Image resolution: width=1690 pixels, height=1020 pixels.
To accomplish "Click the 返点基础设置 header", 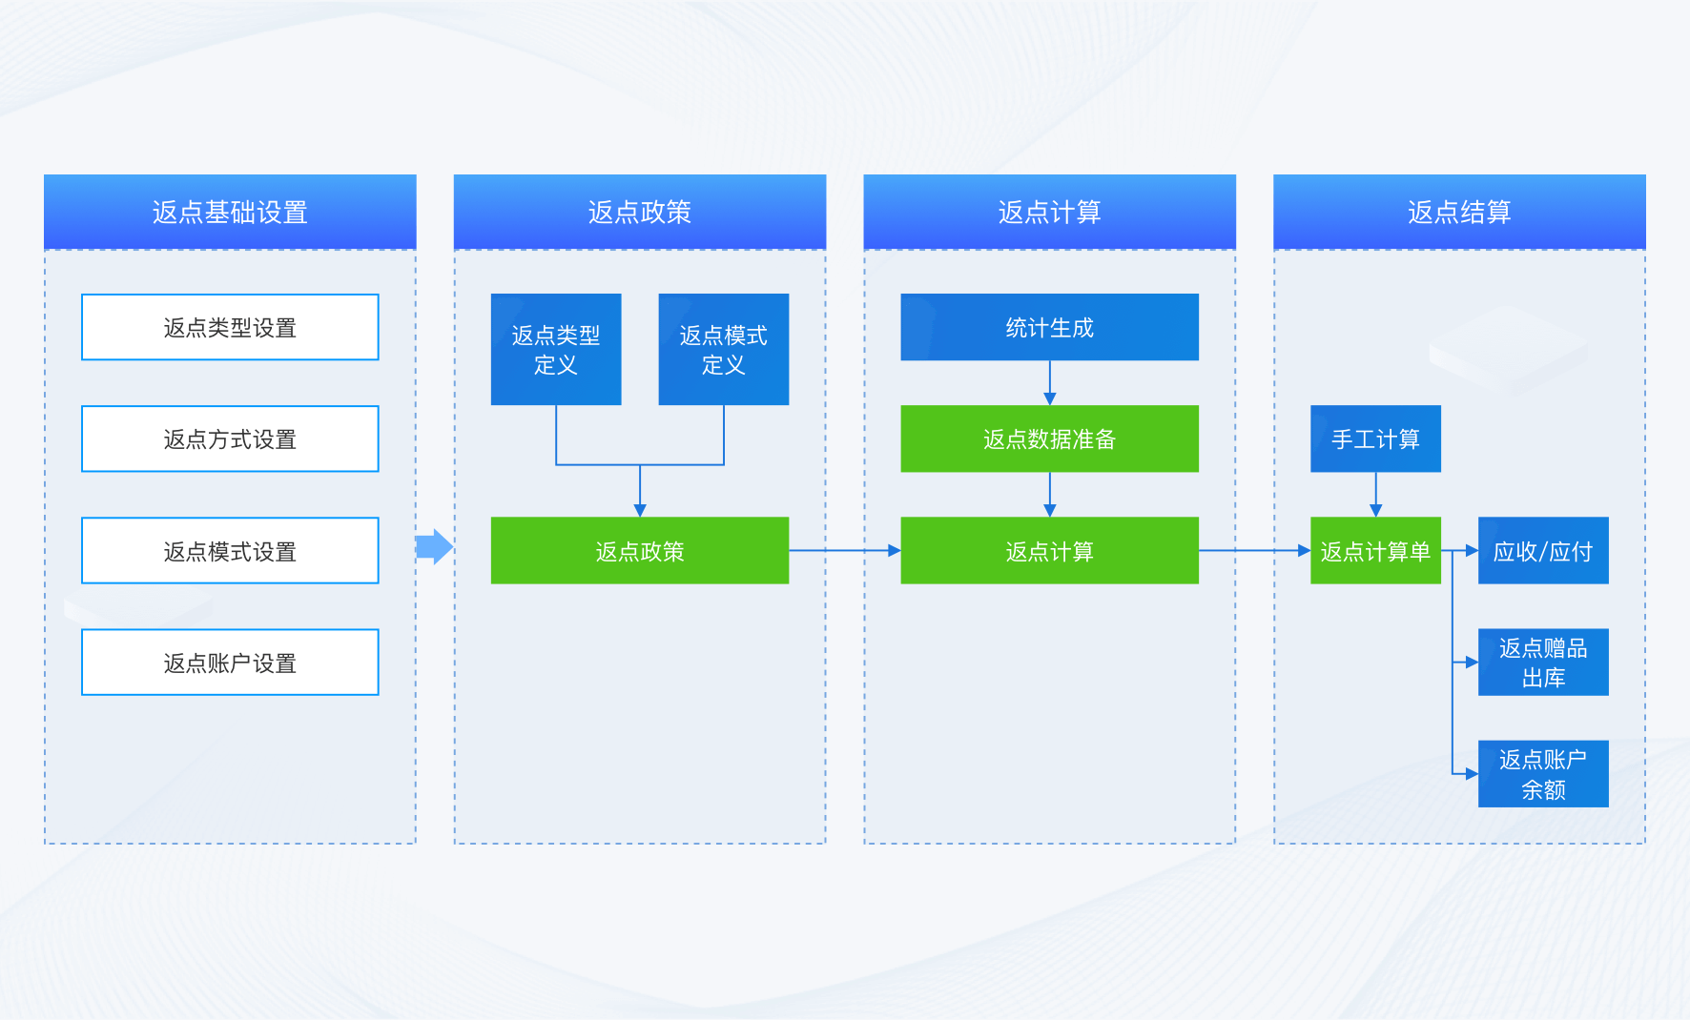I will tap(230, 212).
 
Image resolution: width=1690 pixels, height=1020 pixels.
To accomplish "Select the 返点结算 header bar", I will tap(1459, 212).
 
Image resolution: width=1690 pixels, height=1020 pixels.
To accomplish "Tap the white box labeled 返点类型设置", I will tap(230, 327).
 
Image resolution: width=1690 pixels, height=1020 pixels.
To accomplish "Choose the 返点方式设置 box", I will tap(230, 439).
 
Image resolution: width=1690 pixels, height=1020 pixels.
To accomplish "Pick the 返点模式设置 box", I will tap(230, 551).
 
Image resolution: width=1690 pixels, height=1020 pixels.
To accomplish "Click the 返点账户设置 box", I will tap(230, 663).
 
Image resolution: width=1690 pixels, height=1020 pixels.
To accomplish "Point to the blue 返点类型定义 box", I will tap(556, 349).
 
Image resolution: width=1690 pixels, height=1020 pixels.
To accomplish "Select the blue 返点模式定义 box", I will tap(724, 349).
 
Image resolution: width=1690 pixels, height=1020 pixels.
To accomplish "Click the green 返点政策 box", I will tap(640, 551).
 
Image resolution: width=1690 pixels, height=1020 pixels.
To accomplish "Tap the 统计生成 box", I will tap(1049, 327).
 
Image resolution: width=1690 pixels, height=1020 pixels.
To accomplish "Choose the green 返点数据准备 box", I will tap(1049, 439).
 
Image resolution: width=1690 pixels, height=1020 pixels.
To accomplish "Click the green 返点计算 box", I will tap(1049, 551).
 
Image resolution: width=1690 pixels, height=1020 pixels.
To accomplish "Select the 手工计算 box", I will tap(1375, 439).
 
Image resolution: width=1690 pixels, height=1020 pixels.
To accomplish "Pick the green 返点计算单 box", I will tap(1375, 551).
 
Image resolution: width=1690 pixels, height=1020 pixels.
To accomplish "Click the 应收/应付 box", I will tap(1543, 551).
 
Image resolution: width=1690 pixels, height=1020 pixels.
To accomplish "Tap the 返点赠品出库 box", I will tap(1543, 663).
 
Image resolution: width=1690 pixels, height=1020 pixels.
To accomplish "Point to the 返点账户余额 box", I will tap(1543, 774).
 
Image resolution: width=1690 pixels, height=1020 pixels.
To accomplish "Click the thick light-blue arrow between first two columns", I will tap(435, 547).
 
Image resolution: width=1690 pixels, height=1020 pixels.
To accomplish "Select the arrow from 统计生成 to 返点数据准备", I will tap(1050, 383).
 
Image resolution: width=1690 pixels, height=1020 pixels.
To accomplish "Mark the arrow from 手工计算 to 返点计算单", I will tap(1375, 495).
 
